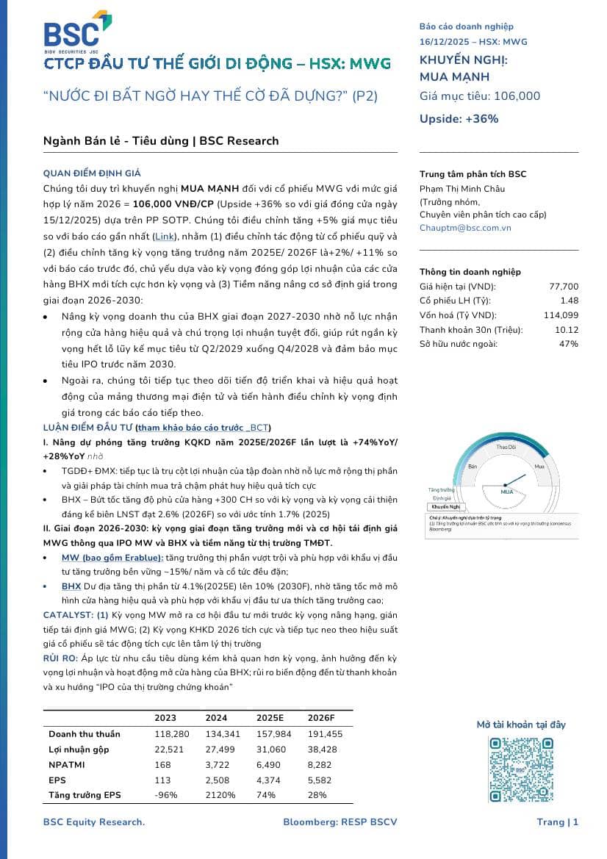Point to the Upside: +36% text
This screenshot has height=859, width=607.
pyautogui.click(x=459, y=118)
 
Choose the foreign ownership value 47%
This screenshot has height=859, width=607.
pyautogui.click(x=569, y=343)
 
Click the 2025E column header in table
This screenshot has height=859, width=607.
pyautogui.click(x=270, y=718)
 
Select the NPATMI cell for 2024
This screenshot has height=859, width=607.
pyautogui.click(x=217, y=765)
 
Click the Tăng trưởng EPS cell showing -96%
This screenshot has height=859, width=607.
pyautogui.click(x=164, y=795)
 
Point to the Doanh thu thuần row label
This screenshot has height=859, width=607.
pyautogui.click(x=85, y=734)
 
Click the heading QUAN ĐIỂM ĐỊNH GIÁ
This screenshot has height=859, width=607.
pyautogui.click(x=92, y=173)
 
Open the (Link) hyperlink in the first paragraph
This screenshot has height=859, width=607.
pyautogui.click(x=165, y=236)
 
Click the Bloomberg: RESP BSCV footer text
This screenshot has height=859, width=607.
pyautogui.click(x=340, y=822)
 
